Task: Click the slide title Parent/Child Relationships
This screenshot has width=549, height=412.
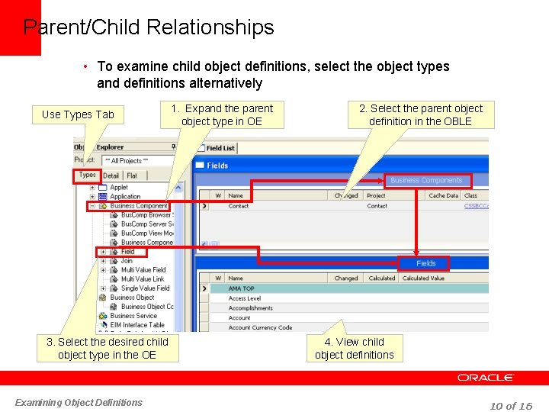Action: [x=149, y=28]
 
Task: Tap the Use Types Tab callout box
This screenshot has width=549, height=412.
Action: [x=78, y=114]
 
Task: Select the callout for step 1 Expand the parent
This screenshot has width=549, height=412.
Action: [x=222, y=114]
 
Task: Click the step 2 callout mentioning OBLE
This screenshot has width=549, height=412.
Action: [x=421, y=114]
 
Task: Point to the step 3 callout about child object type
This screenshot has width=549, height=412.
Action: [x=107, y=348]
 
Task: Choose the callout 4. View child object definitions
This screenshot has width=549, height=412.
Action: [x=355, y=348]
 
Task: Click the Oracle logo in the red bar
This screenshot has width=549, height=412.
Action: [x=486, y=378]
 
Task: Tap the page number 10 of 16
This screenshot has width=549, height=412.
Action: [x=511, y=406]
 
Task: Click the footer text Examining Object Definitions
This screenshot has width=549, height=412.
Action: [x=79, y=403]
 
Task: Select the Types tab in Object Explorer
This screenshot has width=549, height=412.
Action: [x=87, y=175]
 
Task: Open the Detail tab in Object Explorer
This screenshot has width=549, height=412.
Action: [x=111, y=175]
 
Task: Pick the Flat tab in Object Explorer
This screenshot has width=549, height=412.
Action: [x=132, y=175]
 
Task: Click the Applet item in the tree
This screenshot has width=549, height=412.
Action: [x=119, y=187]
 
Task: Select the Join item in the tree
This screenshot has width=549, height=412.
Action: [x=127, y=261]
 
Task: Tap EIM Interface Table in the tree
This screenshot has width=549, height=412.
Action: [x=137, y=325]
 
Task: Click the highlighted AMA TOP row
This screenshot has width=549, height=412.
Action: [x=242, y=288]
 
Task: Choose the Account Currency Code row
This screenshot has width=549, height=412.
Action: [x=260, y=328]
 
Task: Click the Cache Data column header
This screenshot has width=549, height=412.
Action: [x=443, y=195]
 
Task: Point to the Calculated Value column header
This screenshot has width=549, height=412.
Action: [x=423, y=278]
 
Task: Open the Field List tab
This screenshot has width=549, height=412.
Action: [x=220, y=148]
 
